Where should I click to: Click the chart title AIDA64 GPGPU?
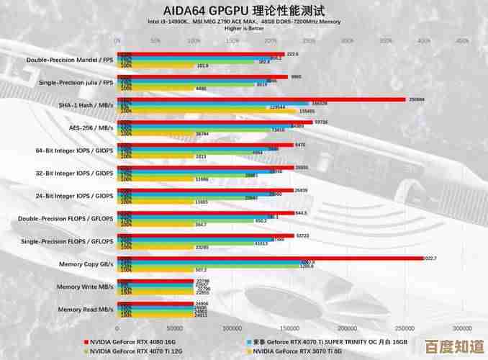(243, 11)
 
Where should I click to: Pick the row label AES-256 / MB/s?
(90, 127)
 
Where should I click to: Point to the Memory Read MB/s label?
(86, 309)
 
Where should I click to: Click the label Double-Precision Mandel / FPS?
(70, 60)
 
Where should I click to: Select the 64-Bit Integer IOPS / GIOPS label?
(75, 150)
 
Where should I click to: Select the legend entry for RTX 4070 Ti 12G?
(135, 351)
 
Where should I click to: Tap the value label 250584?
(417, 99)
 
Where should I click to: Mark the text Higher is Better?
(243, 29)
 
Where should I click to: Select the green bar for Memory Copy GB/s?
(208, 266)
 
